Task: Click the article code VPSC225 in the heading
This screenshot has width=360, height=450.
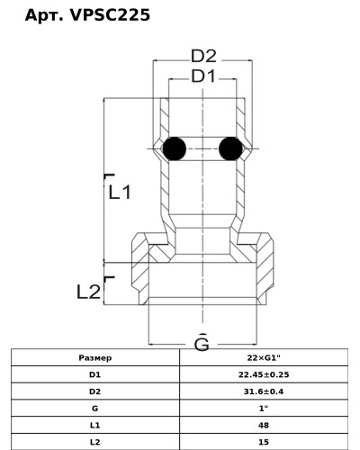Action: (110, 15)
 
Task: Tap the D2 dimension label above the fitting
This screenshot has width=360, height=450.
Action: (203, 56)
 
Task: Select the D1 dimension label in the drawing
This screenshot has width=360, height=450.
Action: (203, 76)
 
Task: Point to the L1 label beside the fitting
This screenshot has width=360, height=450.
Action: (120, 192)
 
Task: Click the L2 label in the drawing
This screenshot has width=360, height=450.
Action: (88, 292)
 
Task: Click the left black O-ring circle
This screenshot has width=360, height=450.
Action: (174, 148)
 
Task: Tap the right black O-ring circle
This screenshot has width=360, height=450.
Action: (230, 148)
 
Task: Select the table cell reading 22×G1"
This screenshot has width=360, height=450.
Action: (264, 357)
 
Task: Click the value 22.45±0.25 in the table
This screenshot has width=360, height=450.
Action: (264, 374)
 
